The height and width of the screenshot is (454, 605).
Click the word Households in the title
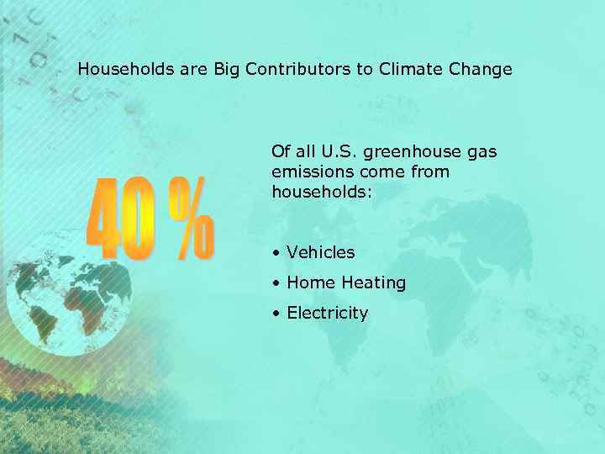pyautogui.click(x=125, y=69)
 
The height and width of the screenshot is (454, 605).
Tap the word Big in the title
pyautogui.click(x=227, y=69)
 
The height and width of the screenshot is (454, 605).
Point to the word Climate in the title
pyautogui.click(x=408, y=69)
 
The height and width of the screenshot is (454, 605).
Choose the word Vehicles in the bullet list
pyautogui.click(x=320, y=252)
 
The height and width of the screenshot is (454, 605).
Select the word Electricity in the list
pyautogui.click(x=328, y=314)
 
